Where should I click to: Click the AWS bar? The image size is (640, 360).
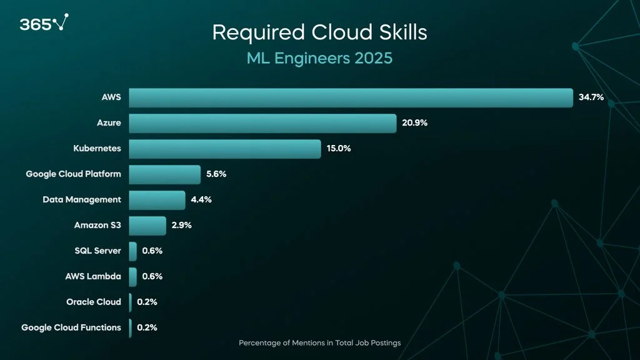pos(351,97)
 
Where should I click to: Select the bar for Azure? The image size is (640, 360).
pos(262,123)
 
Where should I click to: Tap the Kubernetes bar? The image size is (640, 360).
pos(225,149)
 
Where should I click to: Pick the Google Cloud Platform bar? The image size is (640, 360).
pos(165,174)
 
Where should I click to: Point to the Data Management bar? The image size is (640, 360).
pos(157,200)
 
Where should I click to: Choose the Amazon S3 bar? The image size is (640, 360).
pos(147,226)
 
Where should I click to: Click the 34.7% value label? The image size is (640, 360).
pos(591,97)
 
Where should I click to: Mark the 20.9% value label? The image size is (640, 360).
pos(414,123)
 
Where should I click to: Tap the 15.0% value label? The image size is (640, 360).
pos(339,149)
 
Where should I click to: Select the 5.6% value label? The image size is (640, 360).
pos(216,174)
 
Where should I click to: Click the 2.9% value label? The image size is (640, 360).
pos(181,226)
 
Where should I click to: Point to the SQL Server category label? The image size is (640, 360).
pos(97,251)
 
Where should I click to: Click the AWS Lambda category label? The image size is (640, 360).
pos(93,276)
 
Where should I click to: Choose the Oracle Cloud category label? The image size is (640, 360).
pos(94,302)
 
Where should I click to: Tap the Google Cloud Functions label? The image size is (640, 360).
pos(71,327)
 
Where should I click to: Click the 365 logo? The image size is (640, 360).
pos(43,24)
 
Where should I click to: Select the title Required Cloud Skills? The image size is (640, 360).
pos(319,32)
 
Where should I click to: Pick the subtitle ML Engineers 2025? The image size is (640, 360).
pos(319,59)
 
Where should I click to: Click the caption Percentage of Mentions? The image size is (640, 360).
pos(319,343)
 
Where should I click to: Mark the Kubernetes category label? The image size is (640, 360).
pos(97,149)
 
